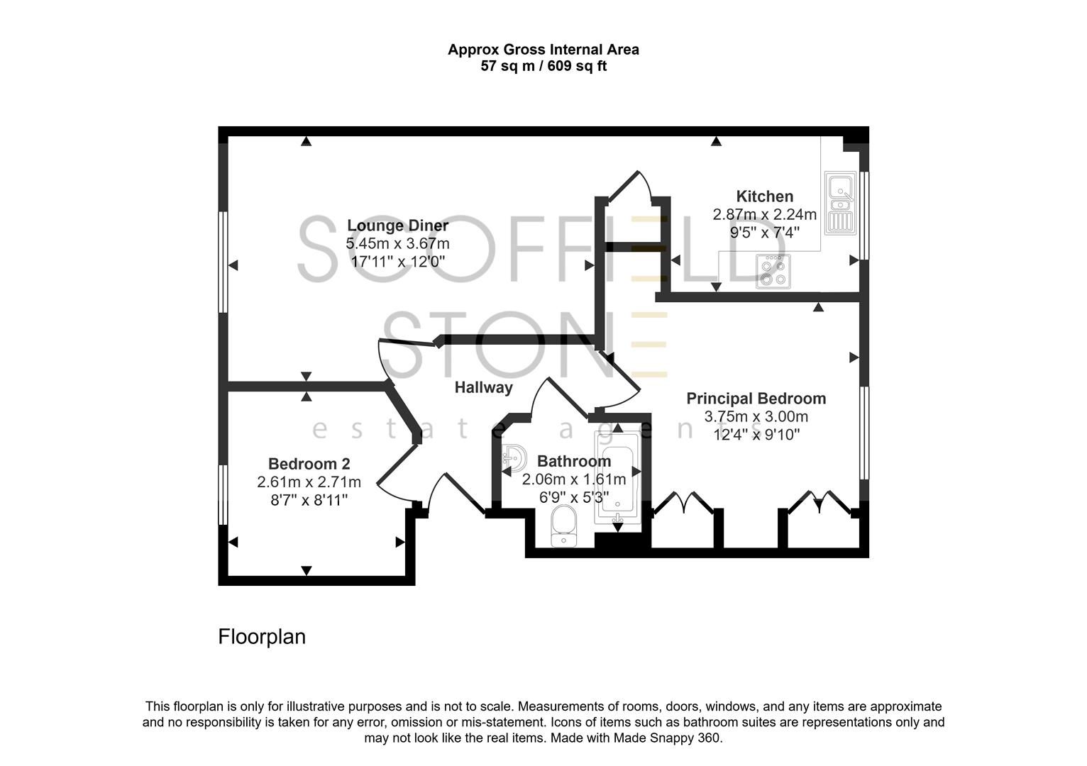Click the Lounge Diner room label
pyautogui.click(x=397, y=226)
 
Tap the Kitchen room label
pyautogui.click(x=764, y=196)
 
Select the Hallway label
pyautogui.click(x=483, y=387)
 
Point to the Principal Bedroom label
pyautogui.click(x=756, y=399)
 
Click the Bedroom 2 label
pyautogui.click(x=309, y=464)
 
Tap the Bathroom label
pyautogui.click(x=573, y=462)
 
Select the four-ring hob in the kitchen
pyautogui.click(x=773, y=271)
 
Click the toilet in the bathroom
pyautogui.click(x=565, y=526)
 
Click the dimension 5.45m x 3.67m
pyautogui.click(x=397, y=243)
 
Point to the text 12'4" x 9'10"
pyautogui.click(x=756, y=434)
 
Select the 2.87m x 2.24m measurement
pyautogui.click(x=764, y=214)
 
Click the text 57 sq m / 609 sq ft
pyautogui.click(x=543, y=67)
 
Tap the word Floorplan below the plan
pyautogui.click(x=261, y=637)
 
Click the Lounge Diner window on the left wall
pyautogui.click(x=223, y=262)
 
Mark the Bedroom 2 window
pyautogui.click(x=223, y=494)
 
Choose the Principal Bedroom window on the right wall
pyautogui.click(x=864, y=433)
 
